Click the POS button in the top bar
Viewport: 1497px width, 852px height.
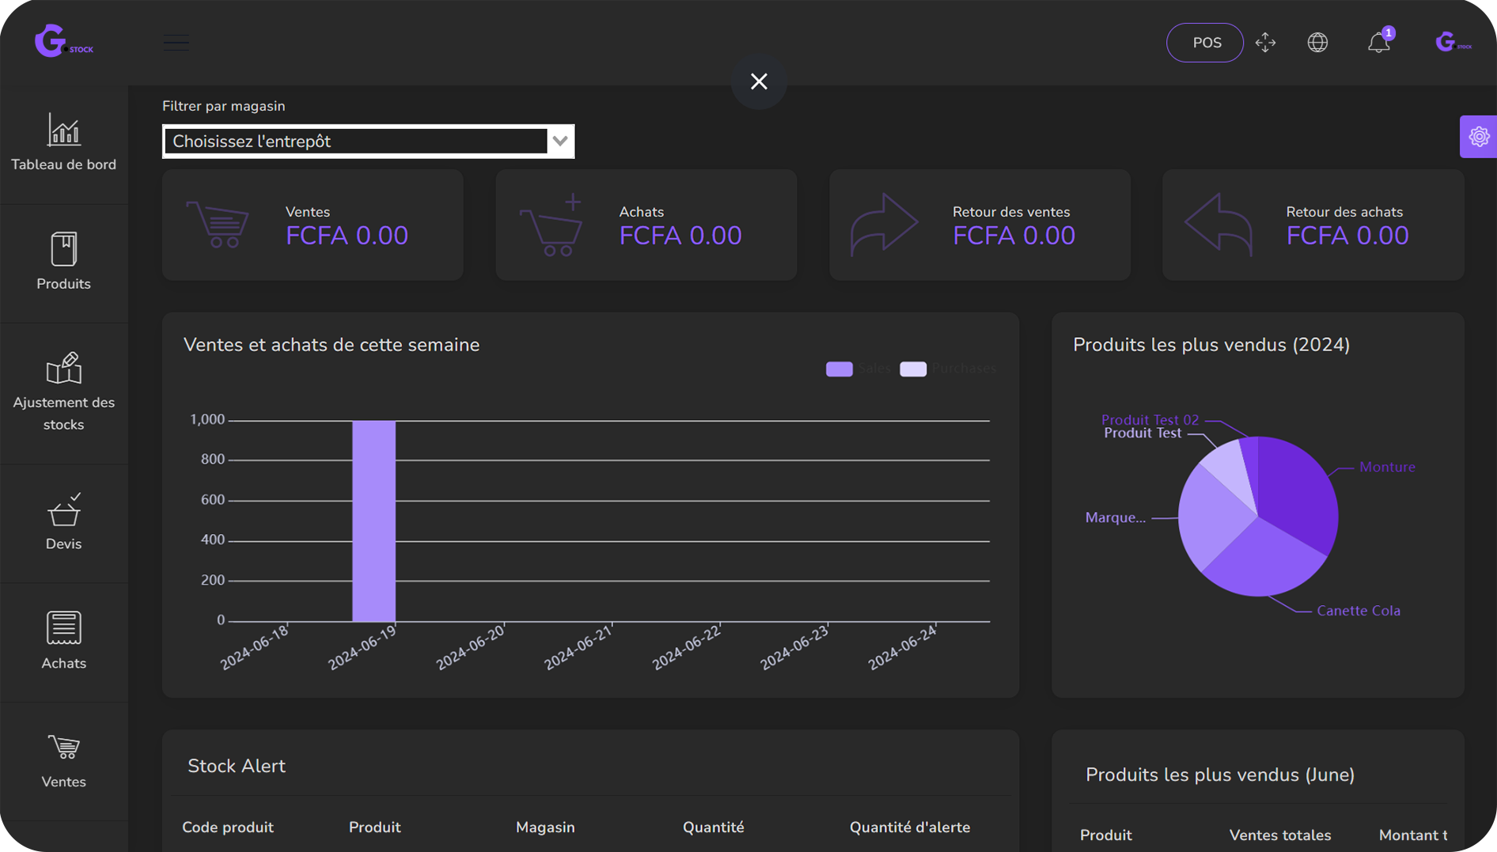point(1204,43)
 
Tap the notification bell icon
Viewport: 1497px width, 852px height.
point(1378,43)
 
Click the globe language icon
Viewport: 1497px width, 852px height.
point(1317,43)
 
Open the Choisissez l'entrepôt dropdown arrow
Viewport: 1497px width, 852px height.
point(560,142)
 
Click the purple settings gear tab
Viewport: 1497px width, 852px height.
point(1478,137)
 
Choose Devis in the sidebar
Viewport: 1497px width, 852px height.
point(63,523)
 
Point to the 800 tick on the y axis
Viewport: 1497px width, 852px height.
point(212,460)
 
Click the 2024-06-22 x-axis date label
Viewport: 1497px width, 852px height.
point(686,647)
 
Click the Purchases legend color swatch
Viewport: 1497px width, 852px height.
point(913,369)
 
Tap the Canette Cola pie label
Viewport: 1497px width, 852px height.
point(1358,611)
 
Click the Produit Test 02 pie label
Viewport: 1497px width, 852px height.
point(1149,419)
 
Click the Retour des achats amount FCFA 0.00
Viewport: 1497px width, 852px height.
point(1347,236)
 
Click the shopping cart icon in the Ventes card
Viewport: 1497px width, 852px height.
point(218,225)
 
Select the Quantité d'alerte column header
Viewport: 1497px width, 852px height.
point(909,827)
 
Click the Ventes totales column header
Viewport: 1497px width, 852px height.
point(1279,835)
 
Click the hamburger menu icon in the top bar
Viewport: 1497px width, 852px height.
point(176,43)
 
